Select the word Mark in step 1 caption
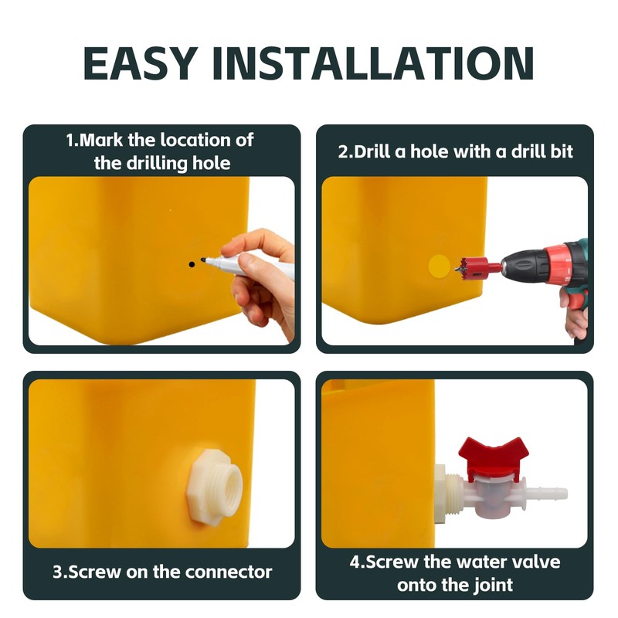[100, 141]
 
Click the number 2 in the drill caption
[343, 151]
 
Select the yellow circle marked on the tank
[439, 267]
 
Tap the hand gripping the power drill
[576, 313]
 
